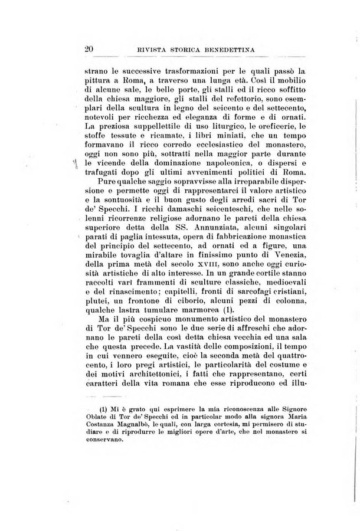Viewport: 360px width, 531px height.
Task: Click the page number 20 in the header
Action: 90,50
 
